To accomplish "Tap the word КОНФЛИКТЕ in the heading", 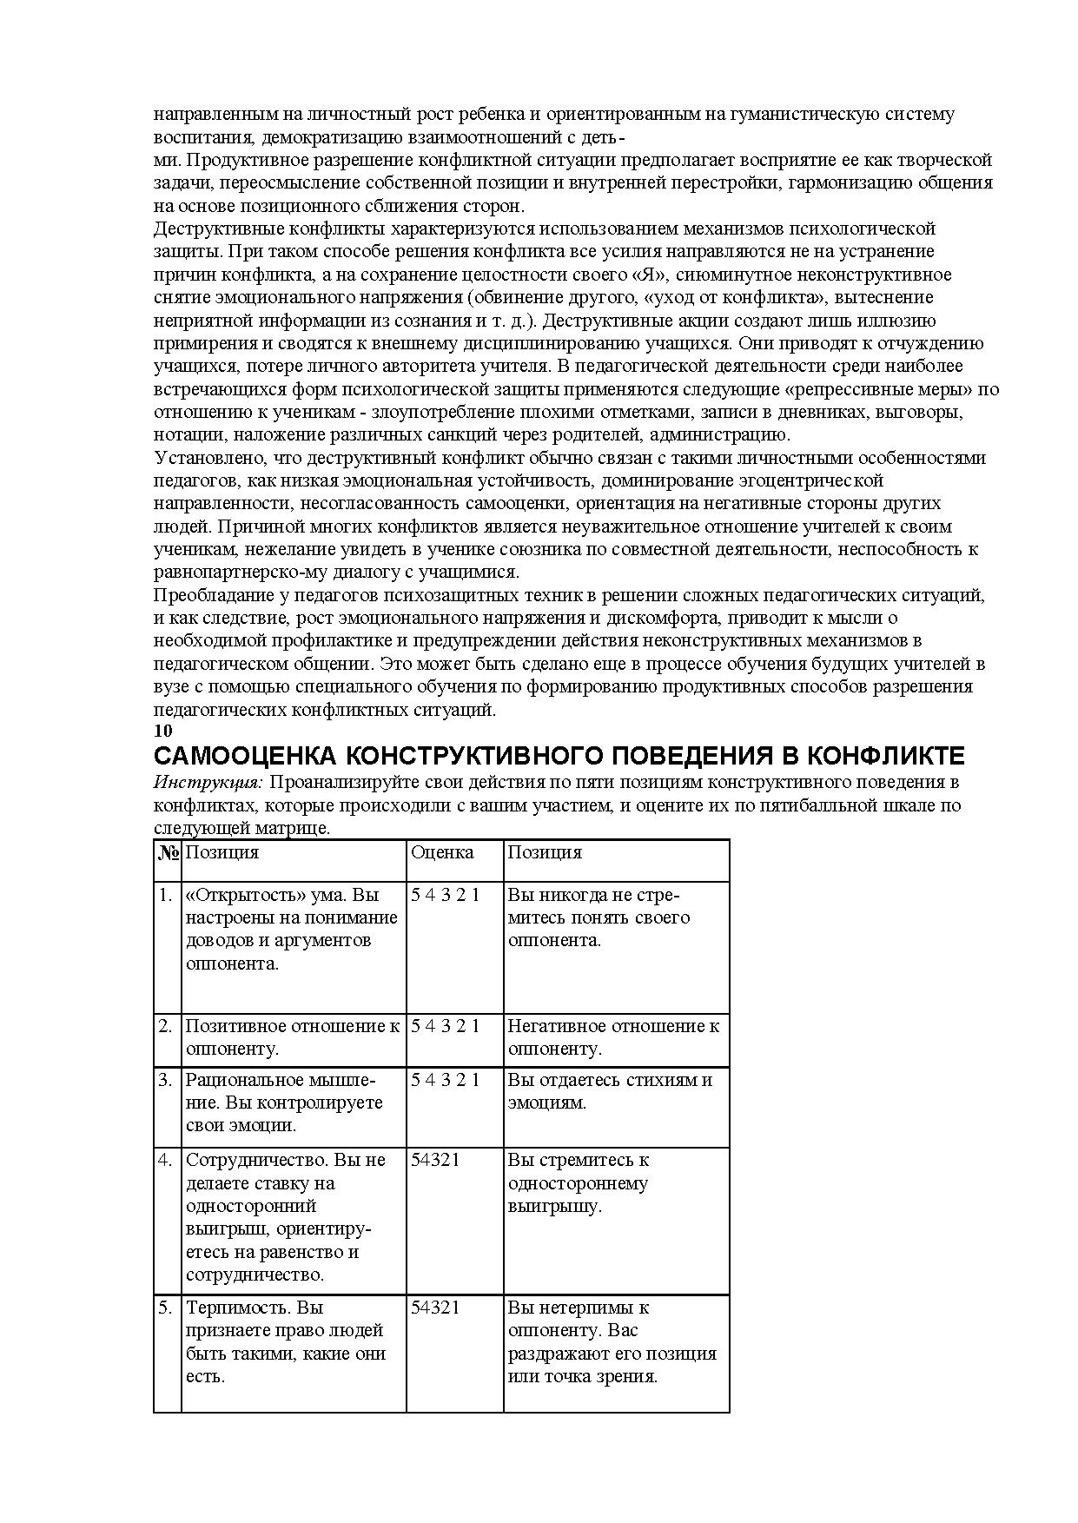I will click(891, 755).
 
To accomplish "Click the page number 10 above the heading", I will click(162, 731).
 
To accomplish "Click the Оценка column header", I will click(442, 852).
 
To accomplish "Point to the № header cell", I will click(168, 852).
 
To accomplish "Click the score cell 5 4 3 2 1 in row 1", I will click(445, 894).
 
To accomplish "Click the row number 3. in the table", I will click(165, 1080).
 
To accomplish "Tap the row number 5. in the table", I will click(165, 1308).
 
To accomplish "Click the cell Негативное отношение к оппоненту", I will click(612, 1037).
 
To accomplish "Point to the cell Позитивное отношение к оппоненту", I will click(292, 1037).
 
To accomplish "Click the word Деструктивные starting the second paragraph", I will click(215, 229).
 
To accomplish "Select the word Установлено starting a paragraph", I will click(208, 458).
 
